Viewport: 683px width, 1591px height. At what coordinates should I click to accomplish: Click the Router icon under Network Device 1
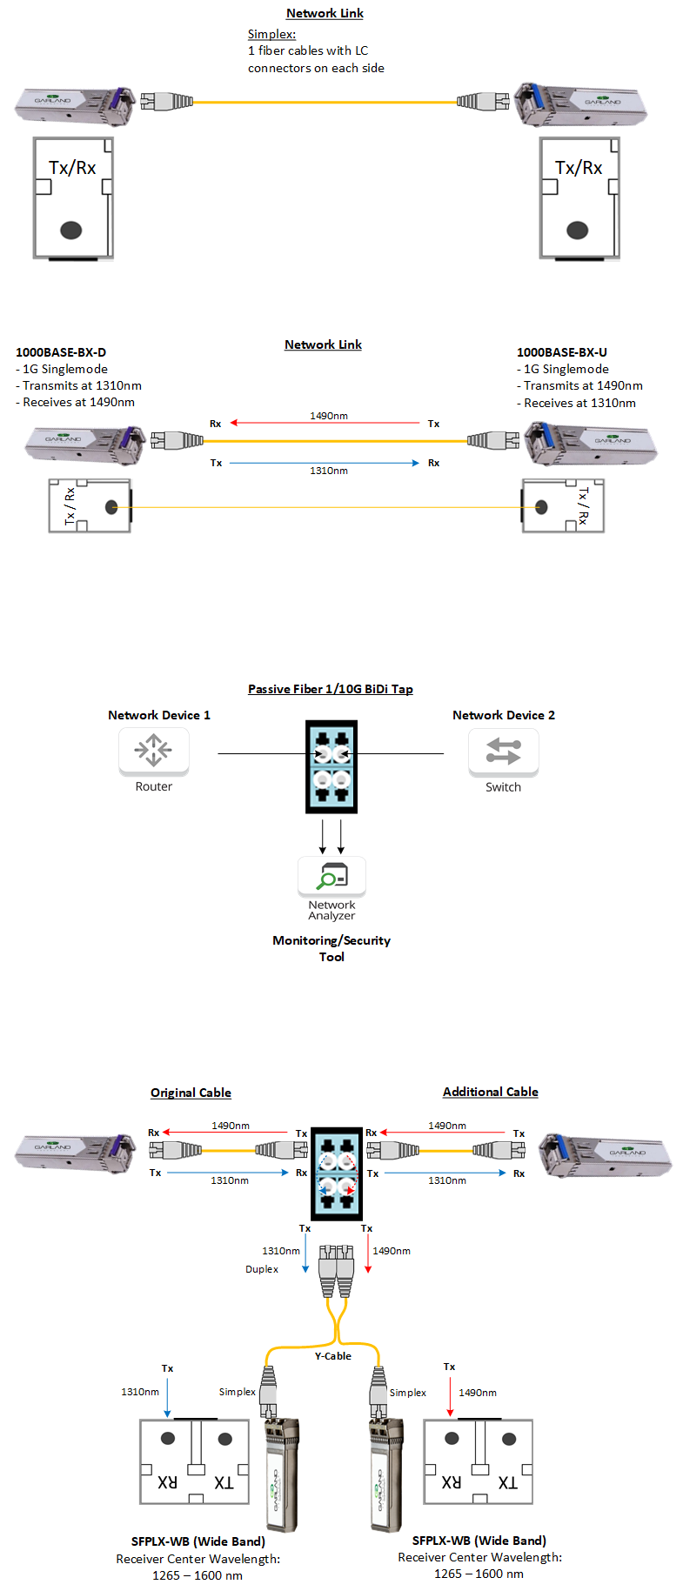click(153, 751)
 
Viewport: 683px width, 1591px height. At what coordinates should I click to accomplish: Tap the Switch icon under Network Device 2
click(503, 751)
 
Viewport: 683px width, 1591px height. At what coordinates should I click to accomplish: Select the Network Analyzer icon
click(331, 876)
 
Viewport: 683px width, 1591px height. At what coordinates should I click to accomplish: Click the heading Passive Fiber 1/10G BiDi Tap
click(331, 689)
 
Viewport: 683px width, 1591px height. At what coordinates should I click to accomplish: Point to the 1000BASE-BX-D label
click(61, 352)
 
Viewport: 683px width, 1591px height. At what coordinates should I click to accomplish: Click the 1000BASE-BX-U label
click(562, 352)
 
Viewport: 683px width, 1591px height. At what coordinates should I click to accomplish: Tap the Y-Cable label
click(333, 1355)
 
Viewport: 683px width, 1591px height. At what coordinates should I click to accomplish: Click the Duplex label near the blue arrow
click(262, 1269)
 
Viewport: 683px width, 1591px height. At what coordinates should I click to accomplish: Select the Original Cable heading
click(191, 1093)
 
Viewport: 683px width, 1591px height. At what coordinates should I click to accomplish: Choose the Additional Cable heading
click(491, 1092)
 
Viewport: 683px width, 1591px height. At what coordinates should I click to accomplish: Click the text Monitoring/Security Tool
click(331, 948)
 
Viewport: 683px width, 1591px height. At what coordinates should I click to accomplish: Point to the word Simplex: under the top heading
click(271, 34)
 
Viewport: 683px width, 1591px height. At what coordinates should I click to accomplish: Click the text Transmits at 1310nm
click(82, 385)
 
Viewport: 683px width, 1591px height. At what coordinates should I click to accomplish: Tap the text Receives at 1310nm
click(579, 403)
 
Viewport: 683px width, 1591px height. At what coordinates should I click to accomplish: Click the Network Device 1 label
click(159, 715)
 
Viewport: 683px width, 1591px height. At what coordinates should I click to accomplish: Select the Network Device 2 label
click(504, 715)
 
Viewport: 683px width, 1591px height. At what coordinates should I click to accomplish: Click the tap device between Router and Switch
click(331, 766)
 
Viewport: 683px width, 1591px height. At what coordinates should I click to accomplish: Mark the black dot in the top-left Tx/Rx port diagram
click(70, 230)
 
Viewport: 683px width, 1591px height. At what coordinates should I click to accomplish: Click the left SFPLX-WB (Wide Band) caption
click(198, 1541)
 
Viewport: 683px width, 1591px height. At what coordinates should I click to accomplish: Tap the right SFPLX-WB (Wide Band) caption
click(479, 1541)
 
